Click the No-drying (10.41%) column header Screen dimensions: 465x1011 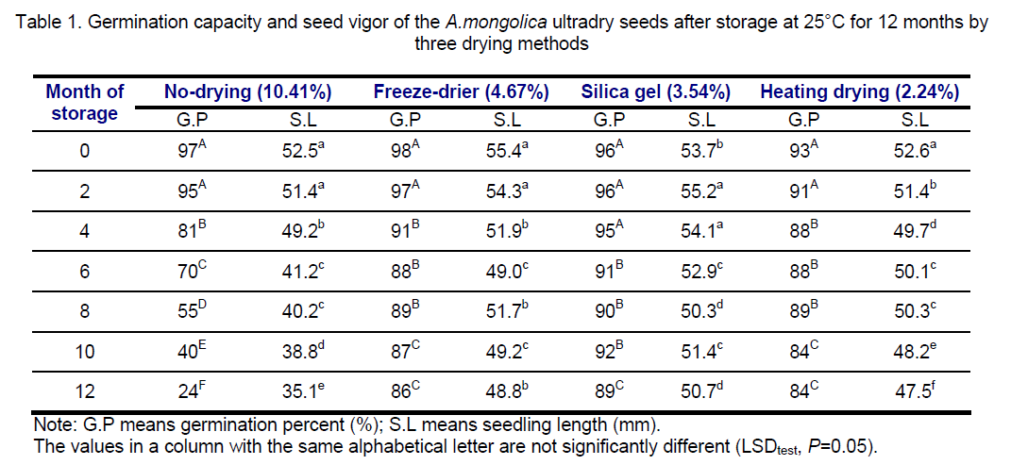coord(247,92)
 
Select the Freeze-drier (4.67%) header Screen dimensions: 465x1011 coord(462,92)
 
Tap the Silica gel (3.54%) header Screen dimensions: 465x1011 coord(656,92)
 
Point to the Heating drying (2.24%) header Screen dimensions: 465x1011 coord(859,92)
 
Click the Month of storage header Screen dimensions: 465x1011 coord(85,103)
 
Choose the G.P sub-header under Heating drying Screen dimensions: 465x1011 coord(809,120)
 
